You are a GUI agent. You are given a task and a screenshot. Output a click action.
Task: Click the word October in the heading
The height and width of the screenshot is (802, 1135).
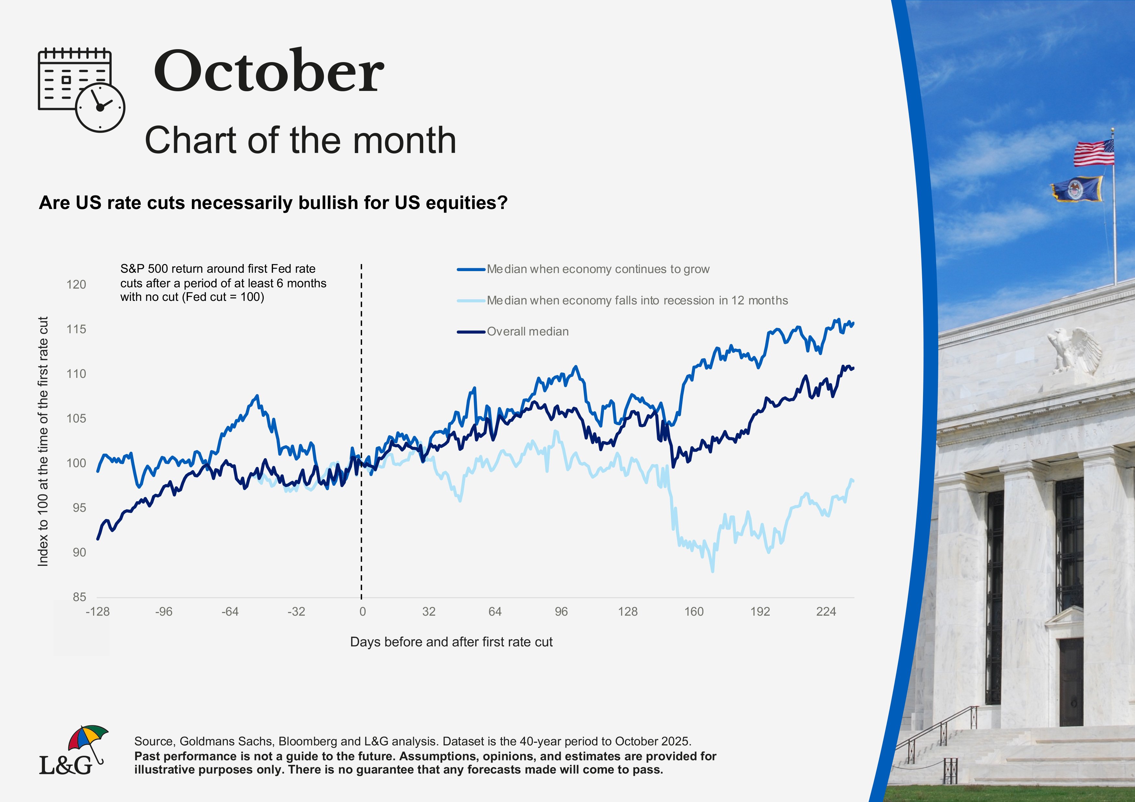pos(269,72)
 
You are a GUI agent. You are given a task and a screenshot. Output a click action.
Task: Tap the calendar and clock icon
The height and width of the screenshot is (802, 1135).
pos(81,89)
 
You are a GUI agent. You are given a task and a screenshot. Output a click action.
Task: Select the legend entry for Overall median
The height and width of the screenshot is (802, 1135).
pos(527,332)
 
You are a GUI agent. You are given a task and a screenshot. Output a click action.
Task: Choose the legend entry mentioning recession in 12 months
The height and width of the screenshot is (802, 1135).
pos(637,301)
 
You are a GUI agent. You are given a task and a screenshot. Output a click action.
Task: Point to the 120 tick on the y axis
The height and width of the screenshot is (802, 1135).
pos(76,285)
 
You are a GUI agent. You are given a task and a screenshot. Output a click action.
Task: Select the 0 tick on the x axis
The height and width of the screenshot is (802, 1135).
pos(362,612)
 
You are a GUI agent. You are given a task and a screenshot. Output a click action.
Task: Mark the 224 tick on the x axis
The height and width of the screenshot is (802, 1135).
pos(826,612)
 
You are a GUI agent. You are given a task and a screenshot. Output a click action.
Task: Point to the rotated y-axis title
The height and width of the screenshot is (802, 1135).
pos(43,441)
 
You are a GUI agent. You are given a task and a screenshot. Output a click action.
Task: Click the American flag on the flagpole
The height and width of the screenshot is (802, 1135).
pos(1094,153)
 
